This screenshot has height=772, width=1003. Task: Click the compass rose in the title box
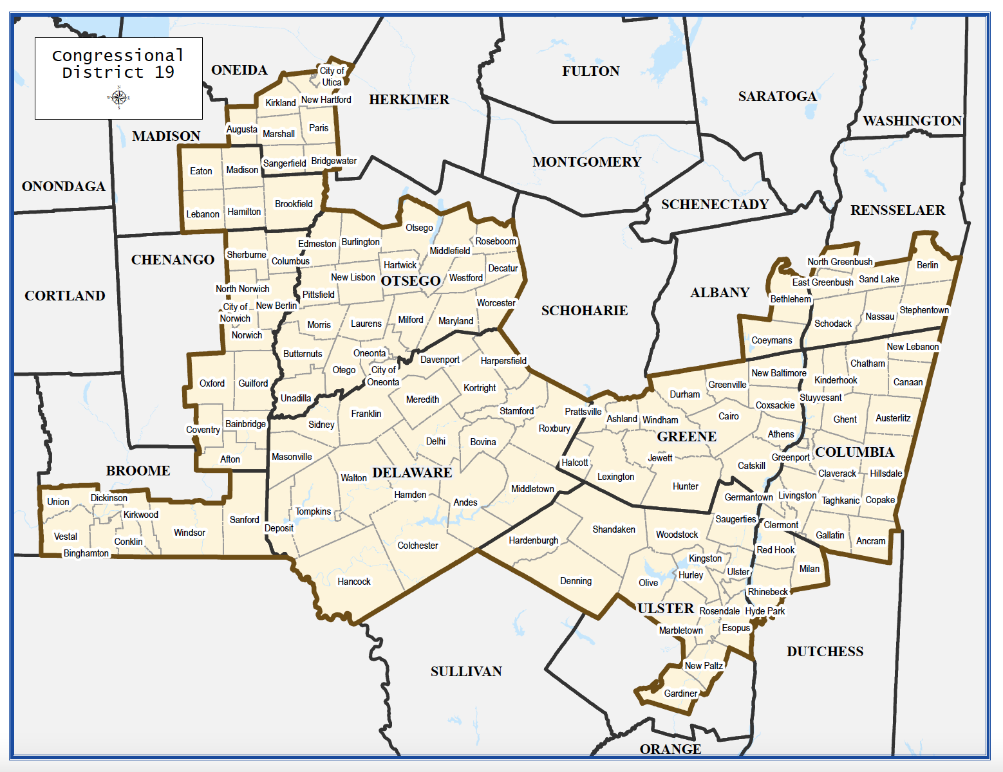(x=118, y=97)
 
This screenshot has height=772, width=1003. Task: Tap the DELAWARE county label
(x=412, y=473)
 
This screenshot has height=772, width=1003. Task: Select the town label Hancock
(x=354, y=582)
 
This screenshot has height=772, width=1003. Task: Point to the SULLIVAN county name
(x=466, y=672)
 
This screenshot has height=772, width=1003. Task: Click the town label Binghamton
(x=86, y=553)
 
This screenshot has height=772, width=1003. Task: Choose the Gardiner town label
(x=680, y=694)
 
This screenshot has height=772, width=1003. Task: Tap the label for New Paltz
(x=704, y=666)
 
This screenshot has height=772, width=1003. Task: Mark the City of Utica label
(x=332, y=77)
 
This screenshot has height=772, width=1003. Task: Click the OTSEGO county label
(x=411, y=281)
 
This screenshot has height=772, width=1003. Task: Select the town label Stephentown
(x=924, y=310)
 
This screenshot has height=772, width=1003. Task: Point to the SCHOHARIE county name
(x=585, y=311)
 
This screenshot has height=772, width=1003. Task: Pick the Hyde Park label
(x=765, y=611)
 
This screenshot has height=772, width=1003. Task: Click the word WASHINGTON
(x=912, y=121)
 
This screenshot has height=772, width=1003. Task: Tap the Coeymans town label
(x=772, y=340)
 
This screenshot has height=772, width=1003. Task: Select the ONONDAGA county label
(x=64, y=187)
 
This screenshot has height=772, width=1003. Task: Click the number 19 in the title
(x=164, y=72)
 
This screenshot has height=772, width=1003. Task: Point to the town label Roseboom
(x=496, y=241)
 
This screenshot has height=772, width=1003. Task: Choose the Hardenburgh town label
(x=534, y=540)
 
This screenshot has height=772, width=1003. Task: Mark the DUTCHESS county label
(x=825, y=652)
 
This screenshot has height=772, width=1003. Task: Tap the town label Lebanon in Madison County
(x=203, y=214)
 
